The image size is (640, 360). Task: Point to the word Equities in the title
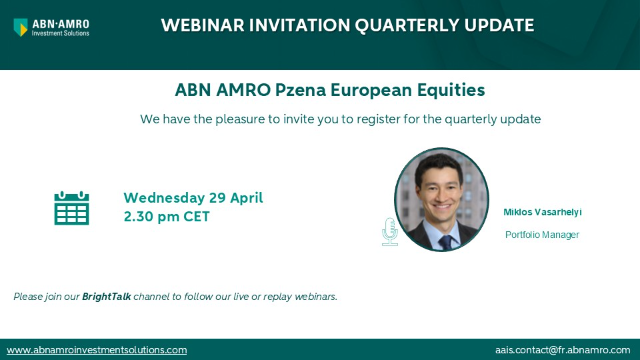click(449, 90)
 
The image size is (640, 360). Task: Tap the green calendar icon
click(71, 208)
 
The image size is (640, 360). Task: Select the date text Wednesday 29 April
click(193, 197)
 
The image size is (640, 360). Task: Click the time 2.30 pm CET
click(166, 215)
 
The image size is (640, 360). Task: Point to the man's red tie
click(445, 242)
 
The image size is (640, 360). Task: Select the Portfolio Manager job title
click(542, 235)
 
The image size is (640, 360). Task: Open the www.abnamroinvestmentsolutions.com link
click(97, 350)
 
